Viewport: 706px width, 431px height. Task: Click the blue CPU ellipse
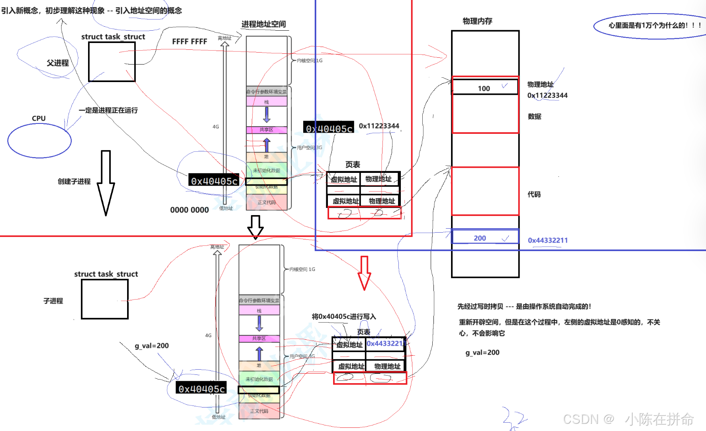39,141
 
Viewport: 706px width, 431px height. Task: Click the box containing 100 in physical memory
485,87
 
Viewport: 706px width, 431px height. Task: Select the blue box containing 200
485,237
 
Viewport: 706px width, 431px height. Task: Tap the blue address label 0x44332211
547,240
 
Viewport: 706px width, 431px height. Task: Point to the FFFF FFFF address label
189,41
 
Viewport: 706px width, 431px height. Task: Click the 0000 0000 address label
189,210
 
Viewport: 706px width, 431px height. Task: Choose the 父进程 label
58,63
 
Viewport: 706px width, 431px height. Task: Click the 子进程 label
53,301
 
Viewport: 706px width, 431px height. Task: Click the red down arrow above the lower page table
364,272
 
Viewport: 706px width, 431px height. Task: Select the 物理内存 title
477,21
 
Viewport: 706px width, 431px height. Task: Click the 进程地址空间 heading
263,24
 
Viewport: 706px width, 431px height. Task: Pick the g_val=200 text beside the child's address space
151,346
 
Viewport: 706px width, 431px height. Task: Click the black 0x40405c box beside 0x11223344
329,128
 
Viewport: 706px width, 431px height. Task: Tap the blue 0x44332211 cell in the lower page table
385,343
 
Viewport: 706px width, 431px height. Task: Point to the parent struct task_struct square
112,62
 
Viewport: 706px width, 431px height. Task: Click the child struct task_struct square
105,299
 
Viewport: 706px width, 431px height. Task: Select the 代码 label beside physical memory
534,194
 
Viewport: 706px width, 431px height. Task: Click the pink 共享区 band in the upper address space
267,130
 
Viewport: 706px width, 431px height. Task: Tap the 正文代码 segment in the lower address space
259,411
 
